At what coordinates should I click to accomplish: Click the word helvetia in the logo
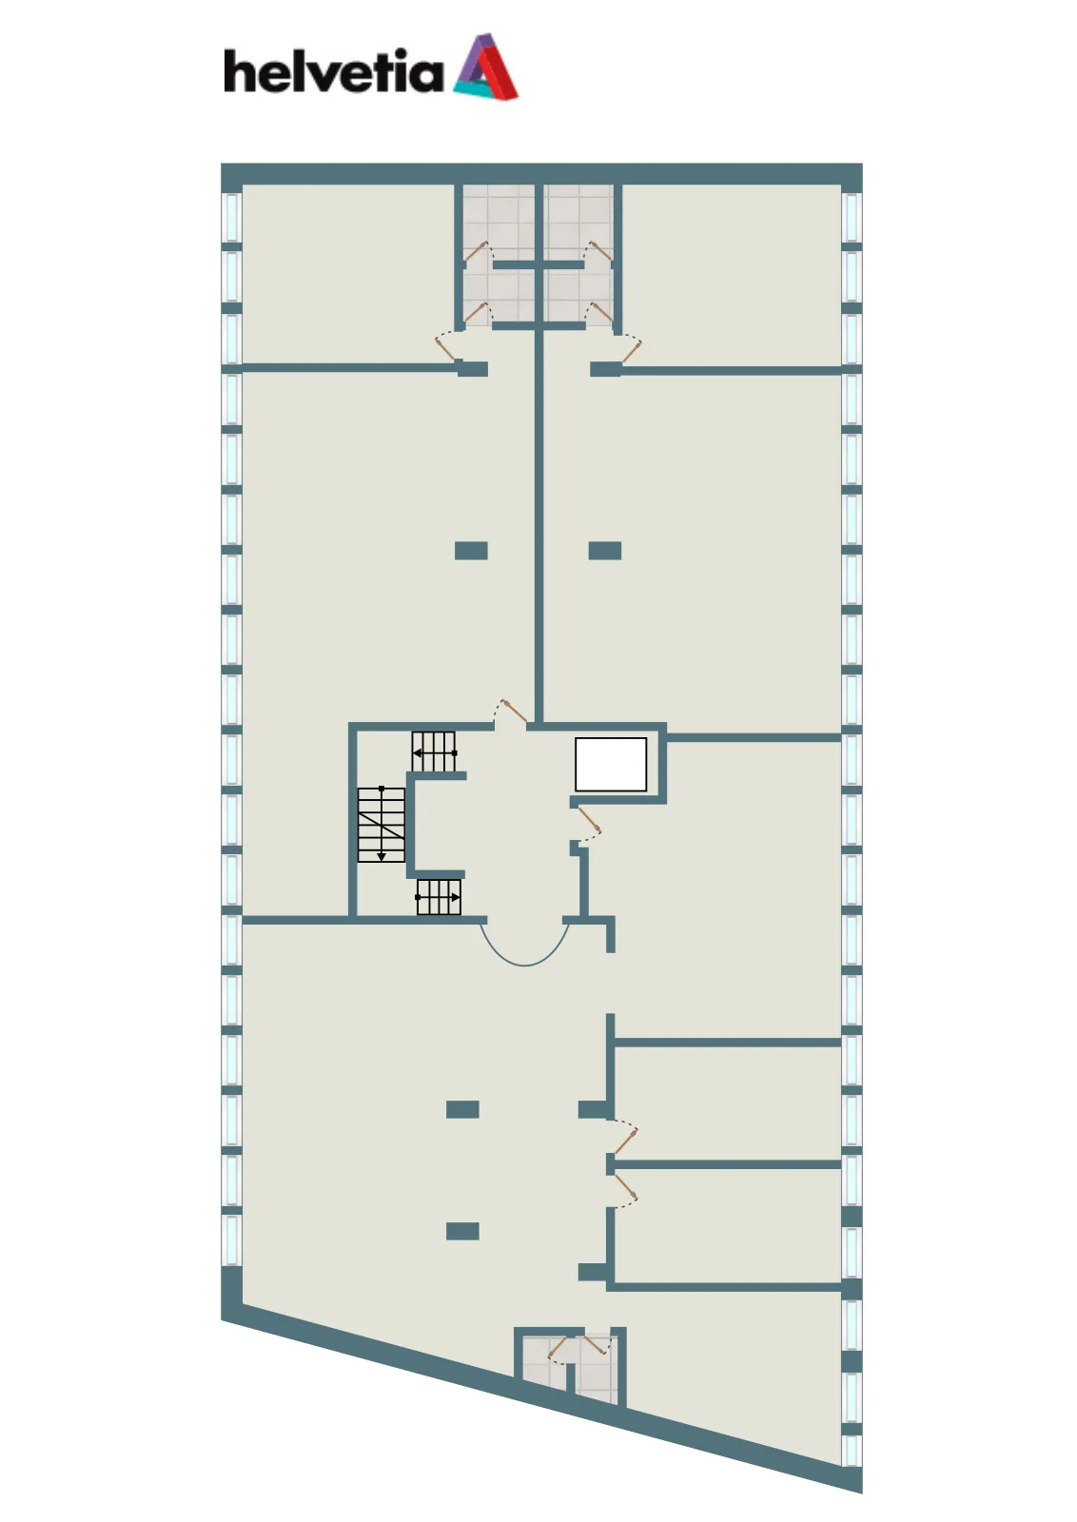click(334, 70)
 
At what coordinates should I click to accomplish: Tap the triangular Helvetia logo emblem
click(485, 66)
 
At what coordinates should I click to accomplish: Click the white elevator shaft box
click(610, 765)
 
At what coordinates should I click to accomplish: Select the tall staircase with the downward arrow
click(382, 825)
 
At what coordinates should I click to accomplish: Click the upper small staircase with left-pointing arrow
click(434, 751)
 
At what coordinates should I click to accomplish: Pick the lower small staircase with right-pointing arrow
click(439, 897)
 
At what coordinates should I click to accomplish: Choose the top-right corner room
click(732, 275)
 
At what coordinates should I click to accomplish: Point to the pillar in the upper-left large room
click(471, 551)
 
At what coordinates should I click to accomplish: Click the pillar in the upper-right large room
click(605, 551)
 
